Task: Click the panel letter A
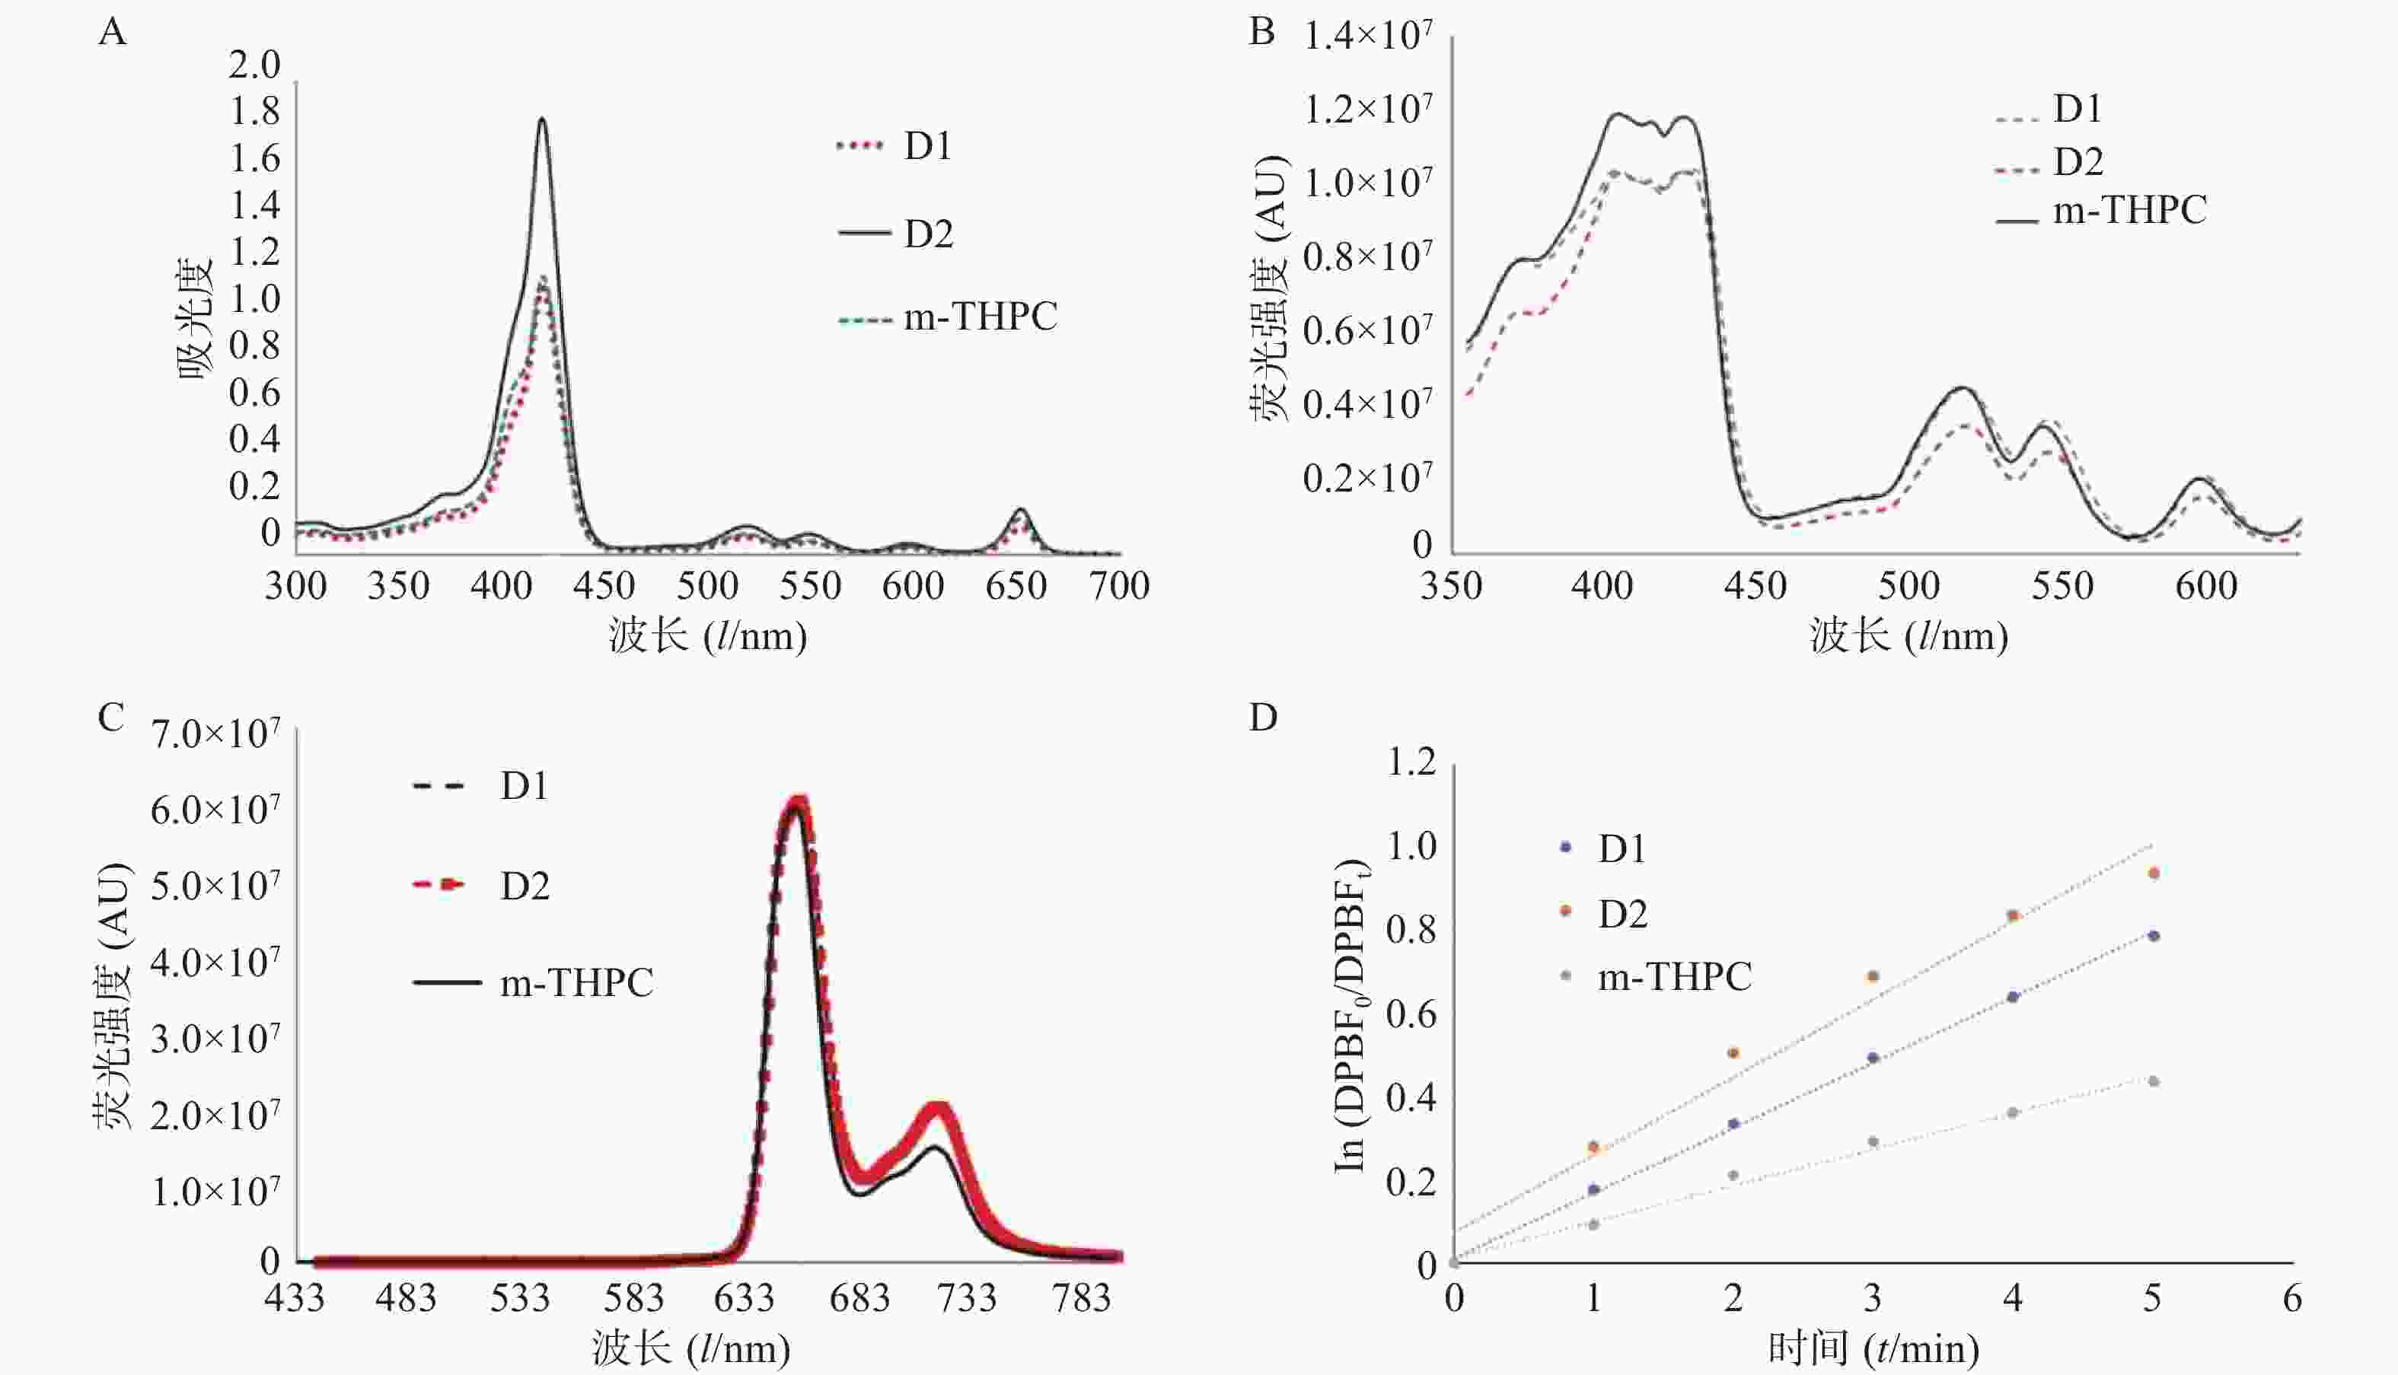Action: coord(113,33)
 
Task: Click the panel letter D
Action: coord(1263,718)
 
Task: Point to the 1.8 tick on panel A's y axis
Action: coord(255,111)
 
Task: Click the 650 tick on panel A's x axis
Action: coord(1016,587)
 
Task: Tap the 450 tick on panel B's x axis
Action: coord(1755,587)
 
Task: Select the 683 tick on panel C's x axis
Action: coord(859,1298)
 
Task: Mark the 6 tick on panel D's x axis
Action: coord(2292,1298)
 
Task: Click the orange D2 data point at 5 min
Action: coord(2154,874)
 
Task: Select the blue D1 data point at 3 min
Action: coord(1873,1058)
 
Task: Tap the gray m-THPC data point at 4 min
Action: coord(2013,1112)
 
